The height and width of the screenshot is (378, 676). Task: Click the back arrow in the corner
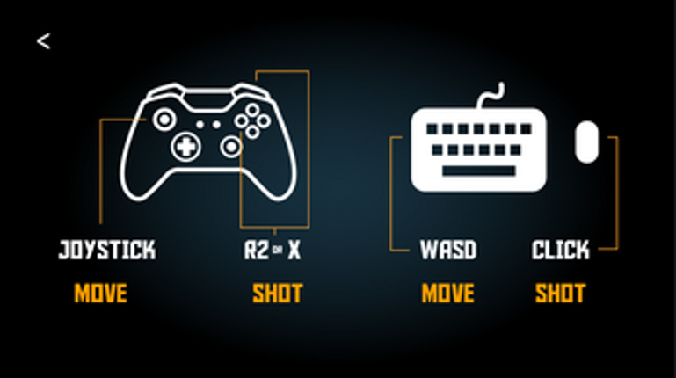coord(43,41)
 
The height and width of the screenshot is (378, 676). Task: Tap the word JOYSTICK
coord(107,250)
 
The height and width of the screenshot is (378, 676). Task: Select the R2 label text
coord(257,250)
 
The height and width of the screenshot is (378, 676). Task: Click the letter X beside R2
coord(294,250)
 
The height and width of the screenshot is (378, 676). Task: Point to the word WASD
coord(448,250)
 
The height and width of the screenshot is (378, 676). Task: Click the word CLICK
coord(561,250)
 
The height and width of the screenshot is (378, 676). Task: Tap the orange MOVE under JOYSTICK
coord(100,293)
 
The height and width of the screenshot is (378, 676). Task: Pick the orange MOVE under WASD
coord(448,293)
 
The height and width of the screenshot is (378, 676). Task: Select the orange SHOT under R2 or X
coord(278,293)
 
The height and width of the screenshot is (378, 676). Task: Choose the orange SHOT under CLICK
coord(561,293)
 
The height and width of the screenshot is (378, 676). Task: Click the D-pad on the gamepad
coord(185,147)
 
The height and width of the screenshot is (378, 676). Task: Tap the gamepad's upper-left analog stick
coord(164,120)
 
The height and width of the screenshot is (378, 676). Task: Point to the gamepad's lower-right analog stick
coord(231,147)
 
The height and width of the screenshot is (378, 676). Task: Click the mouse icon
coord(586,142)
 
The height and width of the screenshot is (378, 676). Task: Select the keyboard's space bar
coord(479,171)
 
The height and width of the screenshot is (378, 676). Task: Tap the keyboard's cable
coord(491,96)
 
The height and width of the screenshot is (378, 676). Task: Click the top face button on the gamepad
coord(252,110)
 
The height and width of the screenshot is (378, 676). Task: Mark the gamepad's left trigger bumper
coord(166,90)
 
